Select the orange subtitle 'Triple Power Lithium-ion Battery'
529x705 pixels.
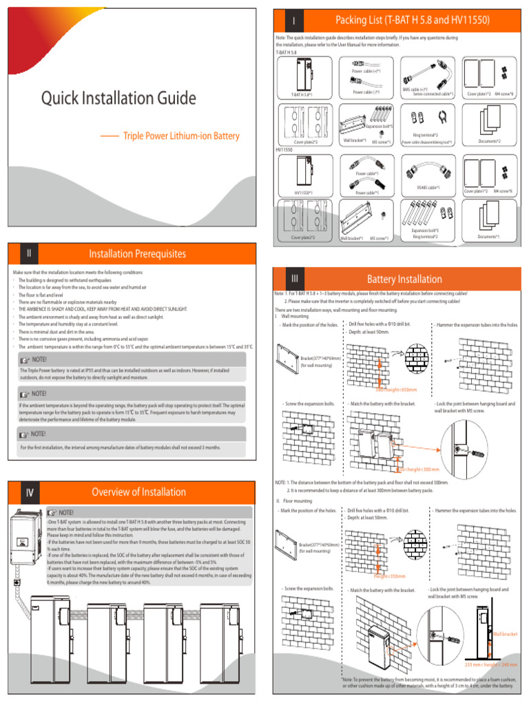181,136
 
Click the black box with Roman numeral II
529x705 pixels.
28,253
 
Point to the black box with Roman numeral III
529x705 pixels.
294,278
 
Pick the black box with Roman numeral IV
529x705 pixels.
29,492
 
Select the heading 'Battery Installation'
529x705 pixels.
404,279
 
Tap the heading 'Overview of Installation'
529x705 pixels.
138,492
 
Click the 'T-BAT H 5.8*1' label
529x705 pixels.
302,95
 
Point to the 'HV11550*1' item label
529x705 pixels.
304,193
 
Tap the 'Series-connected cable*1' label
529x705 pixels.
433,94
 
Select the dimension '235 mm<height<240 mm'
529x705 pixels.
490,664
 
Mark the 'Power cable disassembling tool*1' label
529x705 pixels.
427,143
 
